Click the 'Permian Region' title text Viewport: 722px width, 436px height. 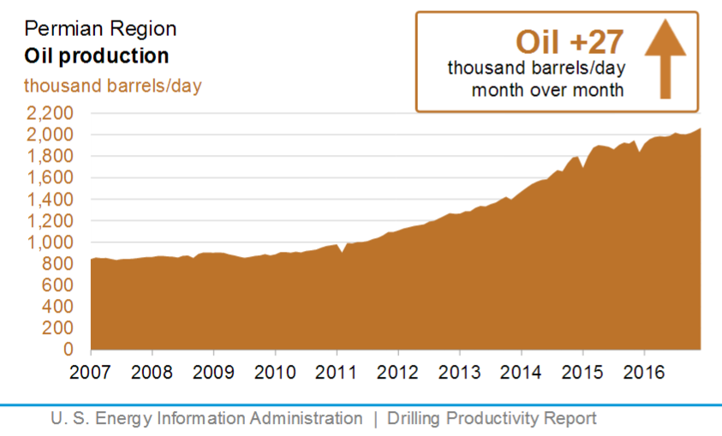point(100,28)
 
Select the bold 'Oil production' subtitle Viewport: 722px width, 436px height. point(96,57)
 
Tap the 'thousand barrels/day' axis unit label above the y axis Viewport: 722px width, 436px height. point(112,86)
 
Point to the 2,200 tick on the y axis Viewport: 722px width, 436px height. point(51,113)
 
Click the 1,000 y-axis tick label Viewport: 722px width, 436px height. point(51,242)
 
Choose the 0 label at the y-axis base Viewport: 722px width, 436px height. point(76,349)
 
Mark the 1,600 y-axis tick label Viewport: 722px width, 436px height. point(51,177)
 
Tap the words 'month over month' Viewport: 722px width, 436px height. point(547,90)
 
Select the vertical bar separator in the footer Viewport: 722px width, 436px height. point(374,419)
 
